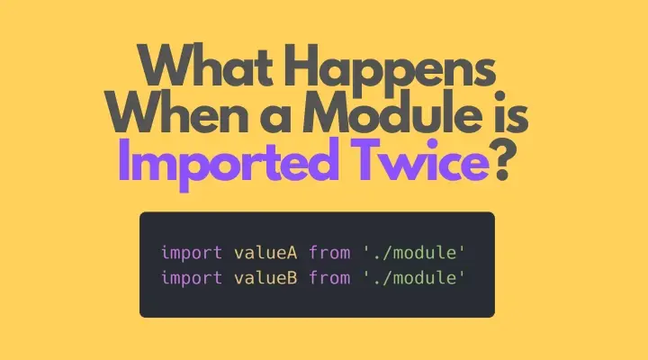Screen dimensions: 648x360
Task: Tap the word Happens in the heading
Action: point(391,70)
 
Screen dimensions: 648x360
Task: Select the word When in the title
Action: point(176,111)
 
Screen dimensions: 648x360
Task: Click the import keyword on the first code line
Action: point(192,253)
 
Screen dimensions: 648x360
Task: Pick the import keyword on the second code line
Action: point(192,278)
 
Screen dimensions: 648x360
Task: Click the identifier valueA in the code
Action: point(265,253)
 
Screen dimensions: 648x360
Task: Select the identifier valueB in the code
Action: point(265,278)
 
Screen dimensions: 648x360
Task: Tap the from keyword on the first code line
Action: point(329,253)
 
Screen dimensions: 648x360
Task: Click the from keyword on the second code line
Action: point(329,278)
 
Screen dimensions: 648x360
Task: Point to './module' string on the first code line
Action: point(414,253)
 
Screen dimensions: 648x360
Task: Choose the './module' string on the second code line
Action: point(414,278)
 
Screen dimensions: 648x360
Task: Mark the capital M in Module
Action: point(327,111)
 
